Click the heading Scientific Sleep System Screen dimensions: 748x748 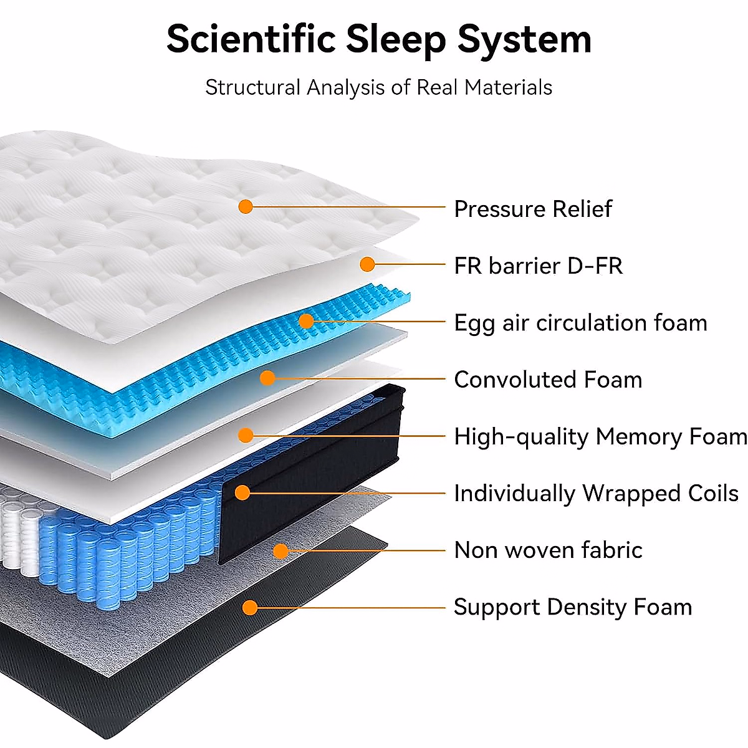click(378, 39)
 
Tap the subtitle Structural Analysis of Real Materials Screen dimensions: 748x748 click(378, 87)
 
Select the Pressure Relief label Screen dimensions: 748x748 click(532, 209)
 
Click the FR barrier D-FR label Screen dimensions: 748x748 click(538, 266)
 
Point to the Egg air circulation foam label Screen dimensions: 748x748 click(580, 323)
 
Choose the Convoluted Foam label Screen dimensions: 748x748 click(548, 380)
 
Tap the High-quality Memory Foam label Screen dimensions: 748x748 click(600, 436)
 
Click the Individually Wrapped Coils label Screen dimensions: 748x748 click(596, 493)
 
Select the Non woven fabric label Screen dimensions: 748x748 click(548, 550)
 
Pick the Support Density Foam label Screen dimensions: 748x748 click(573, 607)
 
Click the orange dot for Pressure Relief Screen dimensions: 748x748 click(246, 206)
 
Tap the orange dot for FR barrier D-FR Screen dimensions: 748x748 click(368, 264)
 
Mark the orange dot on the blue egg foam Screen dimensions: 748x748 click(306, 321)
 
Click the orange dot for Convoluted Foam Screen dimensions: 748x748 click(267, 378)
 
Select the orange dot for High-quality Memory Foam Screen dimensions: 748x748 click(246, 435)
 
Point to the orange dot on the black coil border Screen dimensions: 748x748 click(242, 492)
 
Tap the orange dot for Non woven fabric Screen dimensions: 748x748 click(281, 550)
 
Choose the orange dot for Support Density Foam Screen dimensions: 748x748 click(250, 607)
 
